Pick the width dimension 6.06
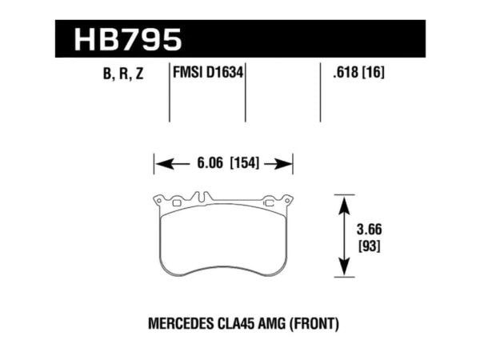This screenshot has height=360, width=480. pos(208,165)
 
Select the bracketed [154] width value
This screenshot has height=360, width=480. pos(246,165)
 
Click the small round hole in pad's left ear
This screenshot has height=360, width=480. pos(159,199)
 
